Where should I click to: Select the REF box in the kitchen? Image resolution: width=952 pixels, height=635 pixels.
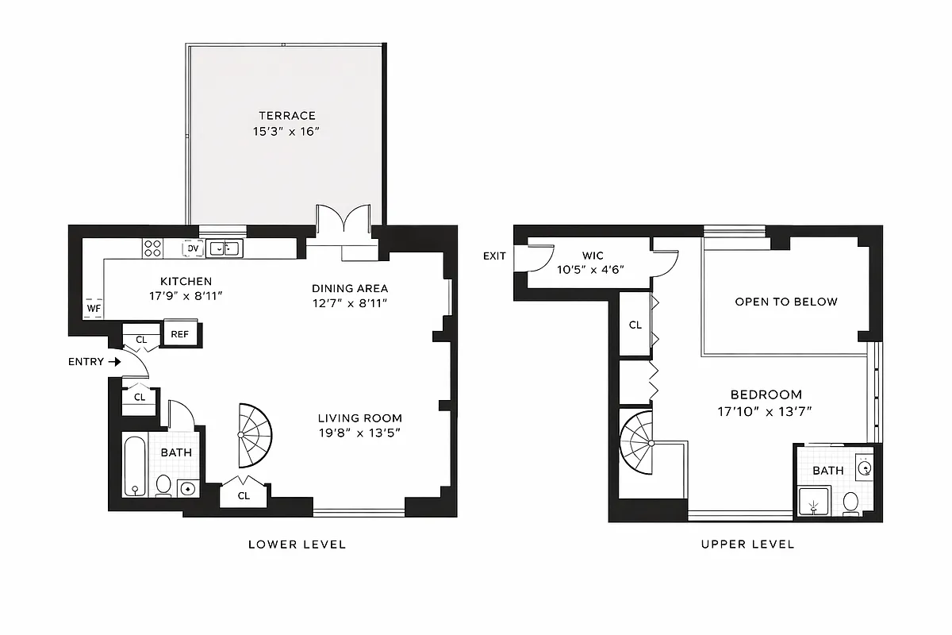[x=180, y=334]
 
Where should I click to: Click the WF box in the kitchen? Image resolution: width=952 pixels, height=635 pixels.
[x=93, y=308]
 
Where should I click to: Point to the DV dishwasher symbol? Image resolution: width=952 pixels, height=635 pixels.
[x=192, y=248]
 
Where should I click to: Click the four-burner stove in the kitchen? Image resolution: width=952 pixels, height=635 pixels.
[x=152, y=248]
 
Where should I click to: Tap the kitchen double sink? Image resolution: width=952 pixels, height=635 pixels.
[x=225, y=248]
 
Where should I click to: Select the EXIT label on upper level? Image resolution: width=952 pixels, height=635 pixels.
[x=494, y=256]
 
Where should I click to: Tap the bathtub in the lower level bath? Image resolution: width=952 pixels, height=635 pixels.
[x=135, y=465]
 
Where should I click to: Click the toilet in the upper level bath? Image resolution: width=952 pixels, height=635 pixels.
[x=850, y=502]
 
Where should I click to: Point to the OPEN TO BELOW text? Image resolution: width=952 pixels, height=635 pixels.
[x=785, y=302]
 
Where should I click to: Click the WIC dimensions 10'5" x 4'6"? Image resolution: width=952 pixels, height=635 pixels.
[x=591, y=269]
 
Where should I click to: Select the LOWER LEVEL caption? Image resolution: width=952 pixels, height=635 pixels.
[x=297, y=545]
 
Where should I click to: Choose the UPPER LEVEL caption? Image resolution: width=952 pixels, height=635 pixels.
[x=747, y=545]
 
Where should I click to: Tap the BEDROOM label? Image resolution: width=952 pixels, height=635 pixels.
[x=766, y=394]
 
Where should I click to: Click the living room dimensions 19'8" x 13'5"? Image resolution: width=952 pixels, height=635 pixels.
[x=359, y=433]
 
